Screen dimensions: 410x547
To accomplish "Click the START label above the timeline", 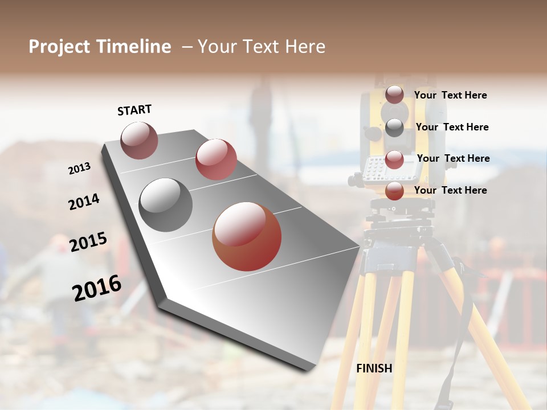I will coord(134,110).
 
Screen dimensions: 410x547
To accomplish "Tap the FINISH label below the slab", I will coord(374,368).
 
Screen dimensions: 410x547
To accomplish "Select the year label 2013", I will coord(79,168).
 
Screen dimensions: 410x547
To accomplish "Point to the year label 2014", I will coord(84,202).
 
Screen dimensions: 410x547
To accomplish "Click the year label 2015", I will coord(88,242).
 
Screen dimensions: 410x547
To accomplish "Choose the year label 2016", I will coord(96,288).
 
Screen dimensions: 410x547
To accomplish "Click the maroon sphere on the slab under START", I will coord(139,140).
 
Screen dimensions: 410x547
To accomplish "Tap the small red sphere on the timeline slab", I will coord(216,159).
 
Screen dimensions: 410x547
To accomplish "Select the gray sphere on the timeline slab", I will coord(166,204).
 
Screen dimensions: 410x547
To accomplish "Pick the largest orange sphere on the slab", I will coord(247,236).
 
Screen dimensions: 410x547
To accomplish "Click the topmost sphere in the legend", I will coord(394,95).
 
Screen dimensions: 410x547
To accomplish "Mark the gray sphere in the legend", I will coord(394,127).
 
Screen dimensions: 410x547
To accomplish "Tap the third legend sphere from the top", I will coord(394,159).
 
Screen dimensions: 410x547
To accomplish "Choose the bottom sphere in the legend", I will coord(394,191).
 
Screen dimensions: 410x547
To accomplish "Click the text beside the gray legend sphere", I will coord(452,127).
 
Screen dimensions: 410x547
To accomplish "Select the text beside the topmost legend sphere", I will coord(450,95).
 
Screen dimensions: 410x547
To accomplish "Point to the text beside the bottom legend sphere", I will coord(450,190).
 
